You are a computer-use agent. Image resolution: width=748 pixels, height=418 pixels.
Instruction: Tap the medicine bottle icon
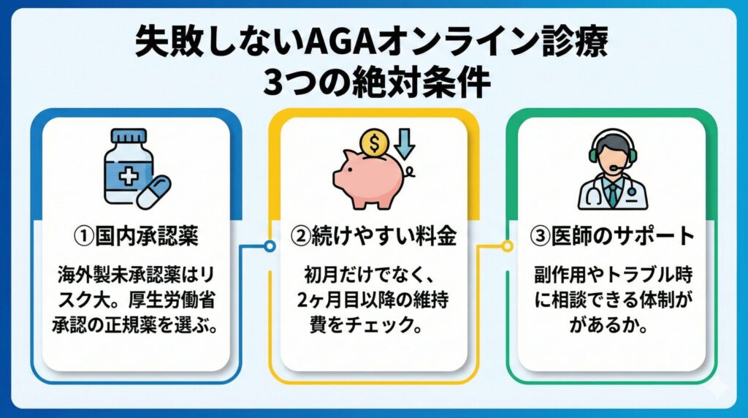[x=129, y=166]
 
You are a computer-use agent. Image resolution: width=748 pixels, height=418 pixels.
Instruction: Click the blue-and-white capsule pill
[x=153, y=191]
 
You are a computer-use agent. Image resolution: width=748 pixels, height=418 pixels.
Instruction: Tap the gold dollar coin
[x=375, y=142]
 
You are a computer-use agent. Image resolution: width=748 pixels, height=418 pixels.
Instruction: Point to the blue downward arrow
[x=405, y=144]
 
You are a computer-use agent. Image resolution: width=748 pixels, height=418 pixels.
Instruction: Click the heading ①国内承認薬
[x=136, y=236]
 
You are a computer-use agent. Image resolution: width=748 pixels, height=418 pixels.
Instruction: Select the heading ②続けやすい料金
[x=373, y=236]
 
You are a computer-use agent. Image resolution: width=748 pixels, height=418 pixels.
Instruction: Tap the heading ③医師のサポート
[x=612, y=236]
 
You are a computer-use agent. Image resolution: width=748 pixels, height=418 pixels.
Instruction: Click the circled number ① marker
[x=84, y=237]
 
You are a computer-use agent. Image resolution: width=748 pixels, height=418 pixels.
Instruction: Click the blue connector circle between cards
[x=270, y=246]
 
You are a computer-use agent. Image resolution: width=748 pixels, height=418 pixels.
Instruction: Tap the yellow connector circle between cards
[x=508, y=246]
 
